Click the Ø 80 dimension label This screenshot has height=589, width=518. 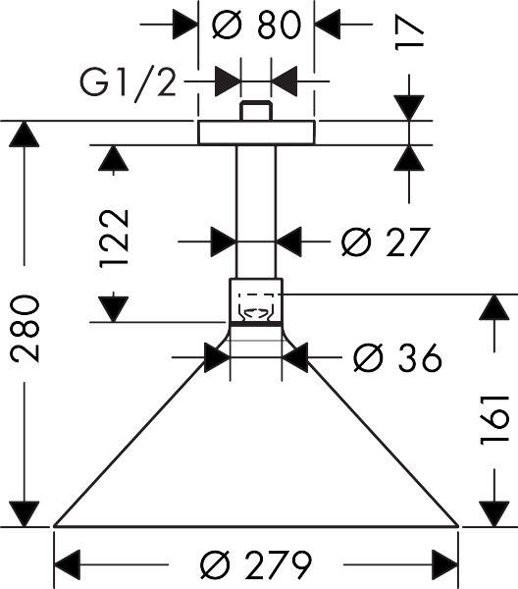click(x=256, y=24)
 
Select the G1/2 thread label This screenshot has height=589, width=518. click(x=129, y=84)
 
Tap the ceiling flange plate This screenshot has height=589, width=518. click(x=256, y=133)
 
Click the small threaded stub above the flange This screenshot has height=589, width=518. click(x=256, y=110)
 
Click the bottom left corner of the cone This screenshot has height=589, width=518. click(x=55, y=526)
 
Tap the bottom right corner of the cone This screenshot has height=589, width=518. click(x=458, y=526)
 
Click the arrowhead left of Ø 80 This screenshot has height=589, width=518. click(x=185, y=24)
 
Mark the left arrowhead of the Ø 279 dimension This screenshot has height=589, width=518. click(x=67, y=565)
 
